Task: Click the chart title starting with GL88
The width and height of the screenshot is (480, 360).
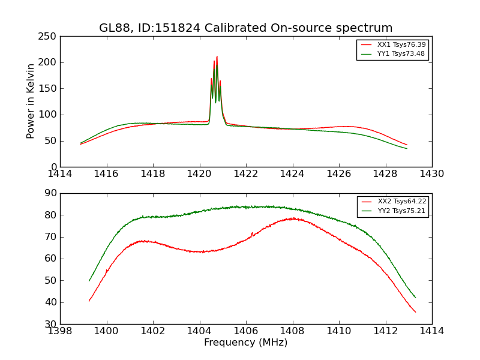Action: [x=246, y=28]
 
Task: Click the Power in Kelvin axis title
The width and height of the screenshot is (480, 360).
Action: [x=31, y=101]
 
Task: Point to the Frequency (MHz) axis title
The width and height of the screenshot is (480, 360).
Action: [x=246, y=343]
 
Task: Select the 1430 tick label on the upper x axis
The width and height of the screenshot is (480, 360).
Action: [x=431, y=173]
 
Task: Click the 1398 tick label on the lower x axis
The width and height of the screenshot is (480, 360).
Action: [x=60, y=331]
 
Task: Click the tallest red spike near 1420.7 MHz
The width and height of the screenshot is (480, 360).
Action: [x=217, y=57]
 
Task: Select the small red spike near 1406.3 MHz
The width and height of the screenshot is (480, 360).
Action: [x=252, y=233]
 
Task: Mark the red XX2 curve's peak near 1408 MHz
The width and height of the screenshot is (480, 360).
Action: [x=292, y=218]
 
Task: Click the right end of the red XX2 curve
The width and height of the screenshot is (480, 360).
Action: [x=415, y=312]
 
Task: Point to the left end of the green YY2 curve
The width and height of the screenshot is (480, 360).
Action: [x=89, y=281]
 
